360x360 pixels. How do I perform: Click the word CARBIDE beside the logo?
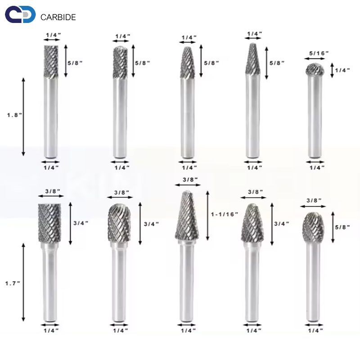58,18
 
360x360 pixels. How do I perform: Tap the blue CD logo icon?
20,15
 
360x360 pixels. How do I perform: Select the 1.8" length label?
14,115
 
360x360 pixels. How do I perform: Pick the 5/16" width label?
319,53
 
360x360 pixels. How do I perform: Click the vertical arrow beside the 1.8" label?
24,117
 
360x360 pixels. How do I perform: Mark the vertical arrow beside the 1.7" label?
24,283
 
